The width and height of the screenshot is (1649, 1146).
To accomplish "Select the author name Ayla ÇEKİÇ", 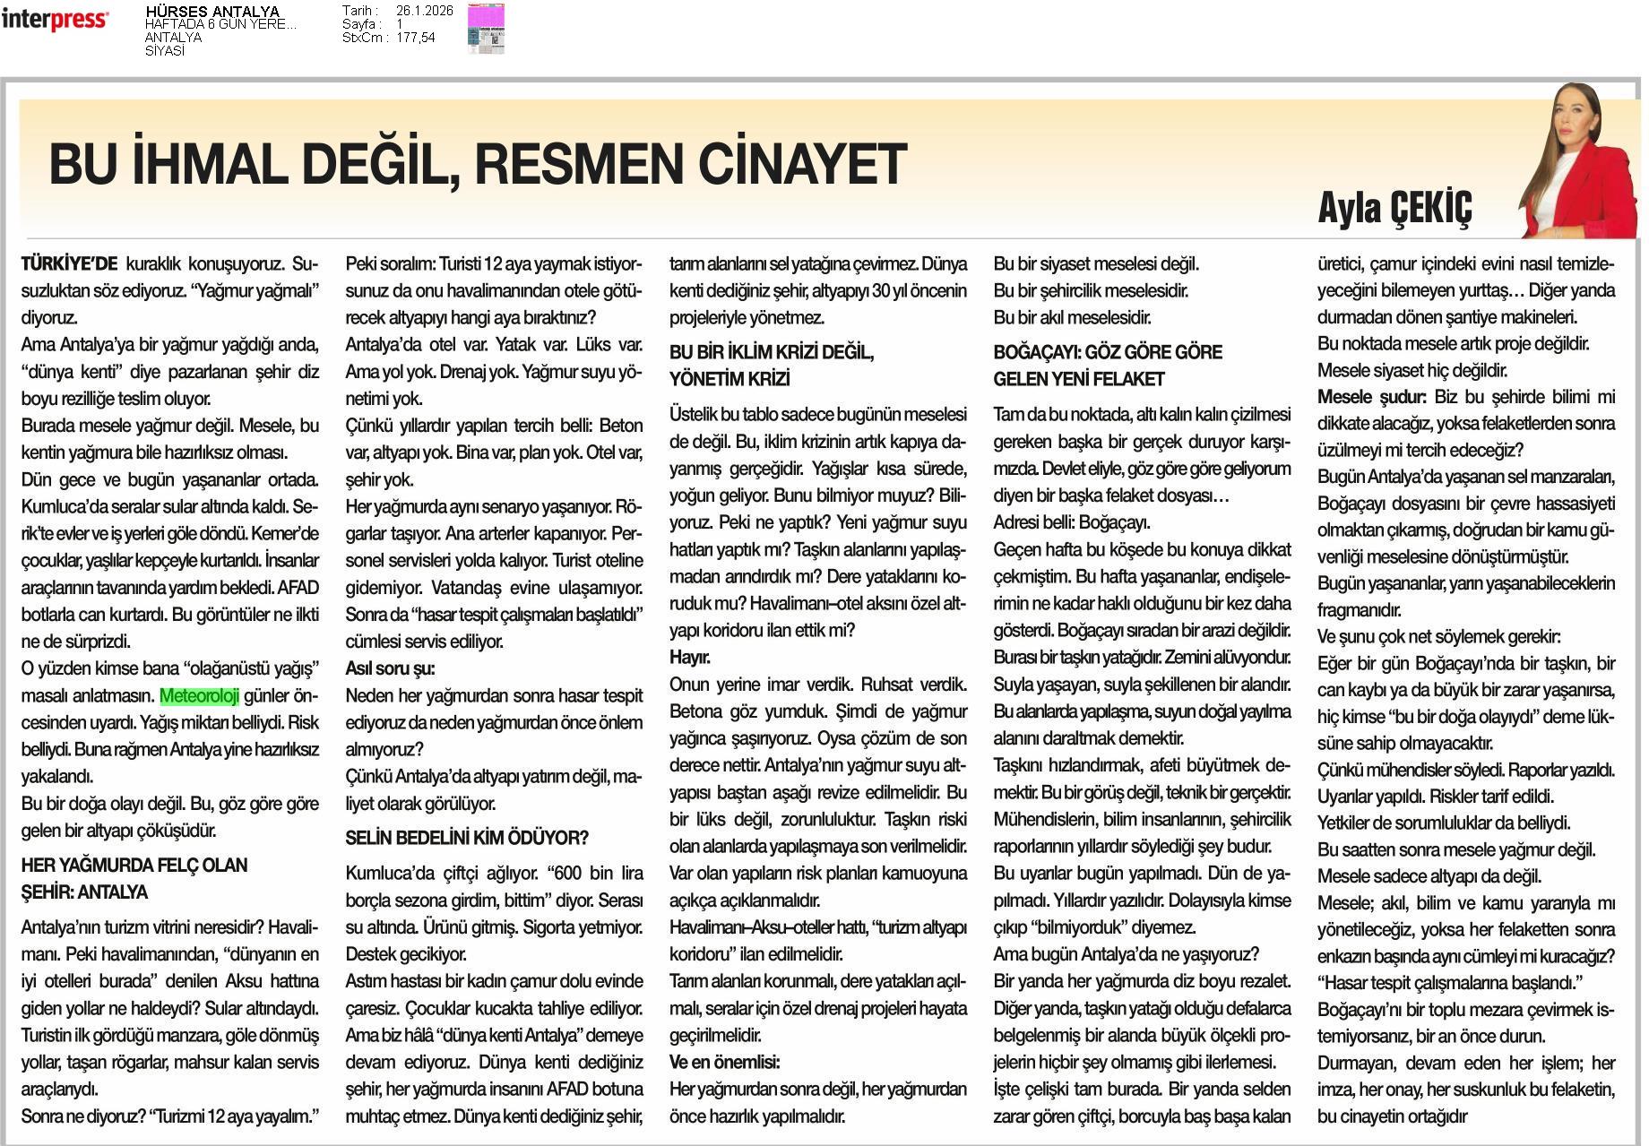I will [x=1394, y=208].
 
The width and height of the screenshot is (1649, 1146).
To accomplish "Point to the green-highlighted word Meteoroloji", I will [x=200, y=696].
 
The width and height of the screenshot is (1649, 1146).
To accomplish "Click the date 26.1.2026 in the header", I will [x=424, y=11].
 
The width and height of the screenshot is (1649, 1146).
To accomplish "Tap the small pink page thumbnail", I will [x=486, y=28].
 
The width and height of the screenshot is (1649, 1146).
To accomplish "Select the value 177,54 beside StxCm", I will [x=415, y=38].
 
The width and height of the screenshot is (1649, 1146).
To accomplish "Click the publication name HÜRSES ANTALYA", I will [x=212, y=12].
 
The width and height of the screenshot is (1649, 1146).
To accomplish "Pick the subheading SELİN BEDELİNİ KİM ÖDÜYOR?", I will [x=467, y=839].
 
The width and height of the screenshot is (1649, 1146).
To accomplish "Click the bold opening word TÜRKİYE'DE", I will [x=70, y=264].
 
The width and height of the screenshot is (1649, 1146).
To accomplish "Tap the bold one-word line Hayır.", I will [x=690, y=658].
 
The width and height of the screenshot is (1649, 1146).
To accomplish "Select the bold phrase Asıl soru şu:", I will [x=390, y=668].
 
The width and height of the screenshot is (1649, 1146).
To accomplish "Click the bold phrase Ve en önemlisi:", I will [x=725, y=1063].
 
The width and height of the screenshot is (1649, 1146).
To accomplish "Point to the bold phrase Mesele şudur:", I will [x=1371, y=396].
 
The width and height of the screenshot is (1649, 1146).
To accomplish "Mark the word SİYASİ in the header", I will [x=165, y=51].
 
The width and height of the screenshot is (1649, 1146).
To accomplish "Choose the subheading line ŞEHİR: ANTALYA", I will [x=84, y=892].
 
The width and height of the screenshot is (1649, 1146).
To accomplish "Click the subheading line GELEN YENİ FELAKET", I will [x=1079, y=379].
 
